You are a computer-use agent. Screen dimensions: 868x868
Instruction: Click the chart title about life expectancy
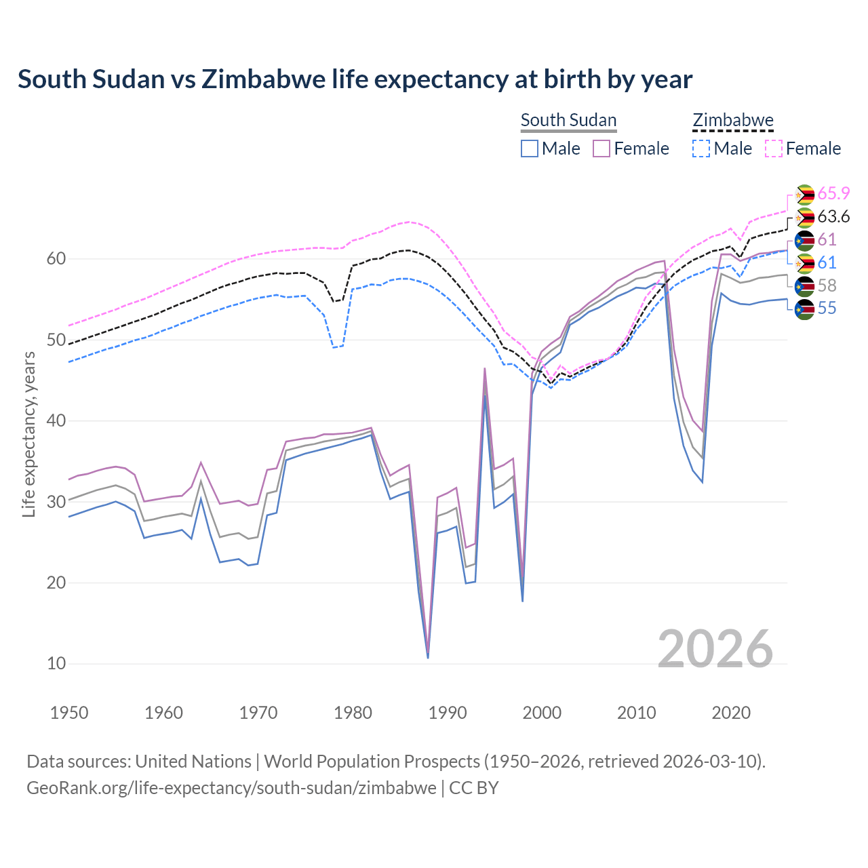click(x=355, y=79)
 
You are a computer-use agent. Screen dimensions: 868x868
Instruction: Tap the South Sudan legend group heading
click(x=568, y=121)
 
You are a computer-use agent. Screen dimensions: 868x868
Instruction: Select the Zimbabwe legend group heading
click(x=732, y=121)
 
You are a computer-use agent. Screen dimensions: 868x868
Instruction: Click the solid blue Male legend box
click(x=530, y=149)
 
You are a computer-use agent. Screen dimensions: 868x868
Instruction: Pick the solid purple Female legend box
click(x=601, y=149)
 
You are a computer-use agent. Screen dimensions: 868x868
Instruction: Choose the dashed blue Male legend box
click(x=701, y=149)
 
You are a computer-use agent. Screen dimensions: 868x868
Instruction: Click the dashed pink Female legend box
click(x=773, y=149)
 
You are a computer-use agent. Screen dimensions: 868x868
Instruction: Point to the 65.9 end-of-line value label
click(x=833, y=194)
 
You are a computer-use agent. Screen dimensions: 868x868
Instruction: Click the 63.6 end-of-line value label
click(x=833, y=217)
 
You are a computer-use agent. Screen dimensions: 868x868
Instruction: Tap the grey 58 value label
click(x=827, y=285)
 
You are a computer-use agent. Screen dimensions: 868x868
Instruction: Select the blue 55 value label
click(x=827, y=309)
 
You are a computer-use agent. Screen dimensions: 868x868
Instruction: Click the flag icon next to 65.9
click(x=804, y=195)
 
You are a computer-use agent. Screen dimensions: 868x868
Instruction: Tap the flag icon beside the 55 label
click(x=804, y=309)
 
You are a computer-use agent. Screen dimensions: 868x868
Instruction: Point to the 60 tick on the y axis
click(x=56, y=259)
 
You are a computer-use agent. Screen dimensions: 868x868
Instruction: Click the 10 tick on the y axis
click(x=56, y=664)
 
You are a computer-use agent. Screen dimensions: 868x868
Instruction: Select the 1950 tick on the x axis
click(x=69, y=713)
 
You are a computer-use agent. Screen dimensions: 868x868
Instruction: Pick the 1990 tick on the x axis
click(x=448, y=713)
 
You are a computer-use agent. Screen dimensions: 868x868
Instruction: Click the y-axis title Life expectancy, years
click(x=29, y=434)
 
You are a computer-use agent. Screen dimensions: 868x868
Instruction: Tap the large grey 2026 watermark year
click(x=715, y=649)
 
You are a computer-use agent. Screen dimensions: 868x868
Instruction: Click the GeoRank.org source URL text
click(x=231, y=788)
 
